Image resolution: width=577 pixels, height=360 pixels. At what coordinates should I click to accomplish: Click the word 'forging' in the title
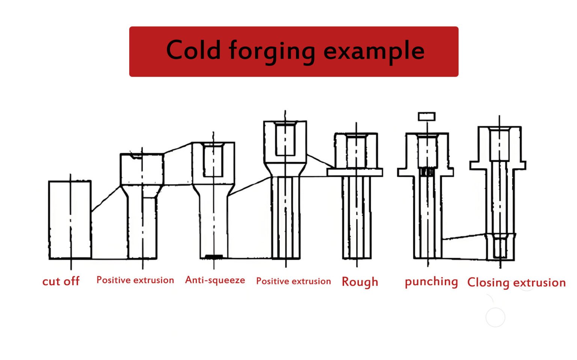pos(272,51)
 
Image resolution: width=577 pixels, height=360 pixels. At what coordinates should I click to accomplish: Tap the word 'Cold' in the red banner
pos(193,50)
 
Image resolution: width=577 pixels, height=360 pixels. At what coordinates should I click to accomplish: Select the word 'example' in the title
pos(374,51)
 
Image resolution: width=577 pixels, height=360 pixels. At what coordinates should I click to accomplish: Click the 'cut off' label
pos(61,281)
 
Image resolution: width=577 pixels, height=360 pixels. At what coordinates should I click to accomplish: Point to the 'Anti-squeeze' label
pos(215,280)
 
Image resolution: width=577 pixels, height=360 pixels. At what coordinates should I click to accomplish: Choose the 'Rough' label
pos(359,282)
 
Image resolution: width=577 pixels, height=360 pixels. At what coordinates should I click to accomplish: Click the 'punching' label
pos(431,282)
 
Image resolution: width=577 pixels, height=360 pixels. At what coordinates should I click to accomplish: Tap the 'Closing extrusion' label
pos(516,282)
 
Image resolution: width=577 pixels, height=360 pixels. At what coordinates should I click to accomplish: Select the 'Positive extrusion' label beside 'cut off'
pos(135,280)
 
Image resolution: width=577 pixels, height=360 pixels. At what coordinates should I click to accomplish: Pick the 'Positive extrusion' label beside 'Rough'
pos(293,281)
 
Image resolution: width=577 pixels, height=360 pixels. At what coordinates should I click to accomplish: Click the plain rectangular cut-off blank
pos(70,220)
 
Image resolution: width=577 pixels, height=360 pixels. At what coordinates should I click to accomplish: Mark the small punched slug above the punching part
pos(427,116)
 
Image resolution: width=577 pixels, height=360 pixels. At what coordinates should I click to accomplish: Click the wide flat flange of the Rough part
pos(355,172)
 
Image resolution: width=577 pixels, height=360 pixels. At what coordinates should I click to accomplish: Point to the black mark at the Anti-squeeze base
pos(214,257)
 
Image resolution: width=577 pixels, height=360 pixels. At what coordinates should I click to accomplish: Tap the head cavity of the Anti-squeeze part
pos(213,160)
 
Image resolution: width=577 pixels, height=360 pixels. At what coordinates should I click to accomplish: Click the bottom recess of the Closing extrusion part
pos(500,248)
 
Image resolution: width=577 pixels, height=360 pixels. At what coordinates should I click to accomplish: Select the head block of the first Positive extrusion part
pos(142,169)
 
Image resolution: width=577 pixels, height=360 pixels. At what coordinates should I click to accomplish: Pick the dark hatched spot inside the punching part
pos(427,172)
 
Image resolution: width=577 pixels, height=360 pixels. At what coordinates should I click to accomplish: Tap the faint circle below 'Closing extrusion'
pos(495,317)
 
